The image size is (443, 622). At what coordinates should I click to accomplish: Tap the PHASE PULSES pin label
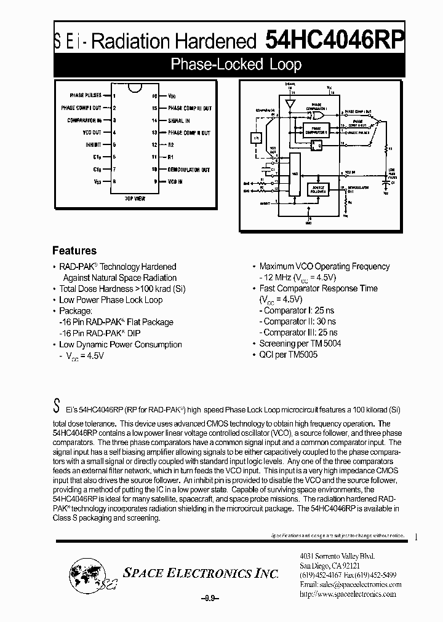86,96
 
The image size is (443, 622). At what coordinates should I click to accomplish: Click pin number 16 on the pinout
154,96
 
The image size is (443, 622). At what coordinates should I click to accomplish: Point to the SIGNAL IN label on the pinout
179,120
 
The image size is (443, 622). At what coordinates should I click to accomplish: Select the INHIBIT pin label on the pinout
94,145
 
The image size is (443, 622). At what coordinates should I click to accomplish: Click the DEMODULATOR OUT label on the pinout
189,169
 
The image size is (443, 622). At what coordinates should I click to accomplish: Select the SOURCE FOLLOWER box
317,190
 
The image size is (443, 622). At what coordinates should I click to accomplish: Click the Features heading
74,251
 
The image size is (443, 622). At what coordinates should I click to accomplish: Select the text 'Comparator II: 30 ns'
300,321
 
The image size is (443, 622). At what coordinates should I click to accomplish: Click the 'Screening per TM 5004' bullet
300,344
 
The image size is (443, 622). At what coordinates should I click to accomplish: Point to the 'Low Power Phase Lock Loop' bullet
111,300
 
